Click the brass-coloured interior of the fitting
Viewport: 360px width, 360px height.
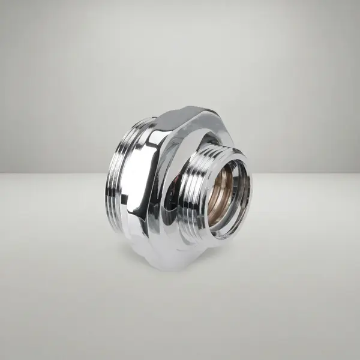223,186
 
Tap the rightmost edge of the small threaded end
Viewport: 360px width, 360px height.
251,192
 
